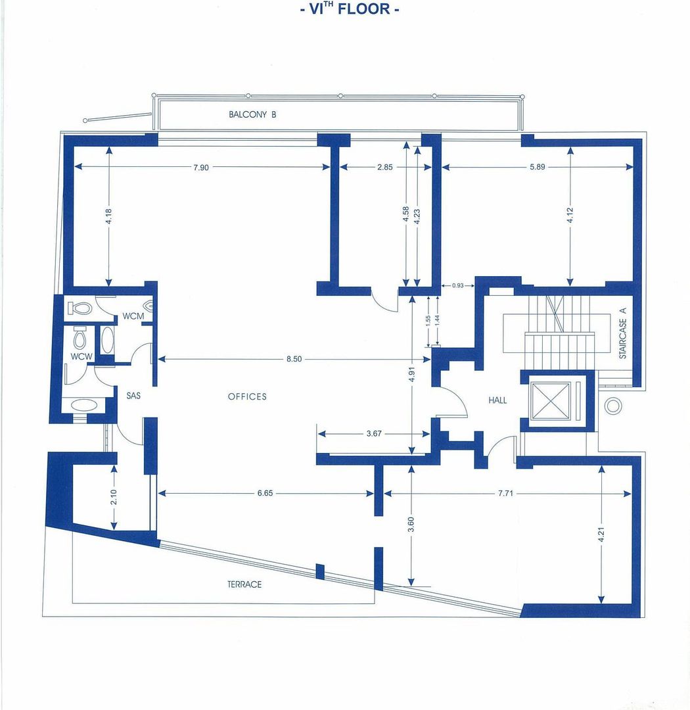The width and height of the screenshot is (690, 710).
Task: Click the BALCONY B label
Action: click(x=252, y=114)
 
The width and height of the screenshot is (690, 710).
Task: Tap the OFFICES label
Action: click(x=247, y=396)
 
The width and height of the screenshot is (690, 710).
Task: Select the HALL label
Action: click(x=497, y=400)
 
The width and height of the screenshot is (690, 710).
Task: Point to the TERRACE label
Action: click(x=244, y=584)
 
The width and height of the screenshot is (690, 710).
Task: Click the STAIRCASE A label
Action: click(x=622, y=333)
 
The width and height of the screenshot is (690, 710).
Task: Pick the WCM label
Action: click(x=133, y=316)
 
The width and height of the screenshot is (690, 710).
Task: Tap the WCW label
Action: click(x=81, y=356)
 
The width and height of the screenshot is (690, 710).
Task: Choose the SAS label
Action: click(x=133, y=396)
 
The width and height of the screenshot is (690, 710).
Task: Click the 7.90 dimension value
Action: click(x=201, y=168)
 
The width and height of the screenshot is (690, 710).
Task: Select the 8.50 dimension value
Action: click(x=294, y=359)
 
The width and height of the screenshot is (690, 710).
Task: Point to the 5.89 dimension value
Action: click(x=538, y=167)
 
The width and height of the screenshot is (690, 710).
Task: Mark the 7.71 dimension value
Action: click(x=505, y=493)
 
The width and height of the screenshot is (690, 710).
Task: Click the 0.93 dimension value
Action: click(x=458, y=286)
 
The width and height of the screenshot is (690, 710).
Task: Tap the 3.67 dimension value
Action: click(x=374, y=434)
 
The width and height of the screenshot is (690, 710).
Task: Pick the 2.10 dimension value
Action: click(x=114, y=497)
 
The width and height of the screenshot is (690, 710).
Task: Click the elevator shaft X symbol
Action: click(x=551, y=401)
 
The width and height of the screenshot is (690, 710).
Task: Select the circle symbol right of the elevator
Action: click(x=613, y=406)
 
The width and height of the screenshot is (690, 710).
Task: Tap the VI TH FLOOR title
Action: click(x=350, y=9)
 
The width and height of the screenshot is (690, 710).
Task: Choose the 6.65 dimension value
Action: click(x=265, y=493)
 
